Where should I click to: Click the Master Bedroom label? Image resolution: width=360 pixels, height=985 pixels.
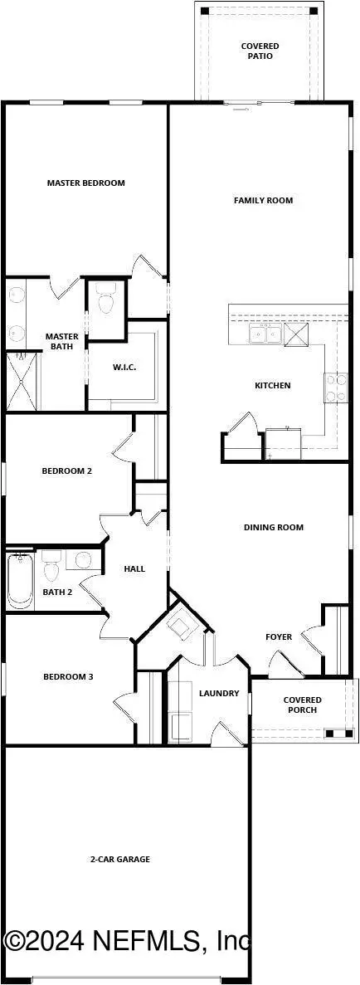(x=85, y=183)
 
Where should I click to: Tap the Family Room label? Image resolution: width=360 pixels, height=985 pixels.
(x=263, y=200)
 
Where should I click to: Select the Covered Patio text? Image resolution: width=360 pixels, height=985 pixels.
(x=260, y=51)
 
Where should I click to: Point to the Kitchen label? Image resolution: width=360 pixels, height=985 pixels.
(x=272, y=385)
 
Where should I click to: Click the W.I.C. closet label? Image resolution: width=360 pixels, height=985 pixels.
(x=124, y=367)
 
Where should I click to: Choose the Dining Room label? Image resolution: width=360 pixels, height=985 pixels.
(x=274, y=527)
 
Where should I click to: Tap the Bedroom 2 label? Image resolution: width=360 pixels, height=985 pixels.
(x=66, y=471)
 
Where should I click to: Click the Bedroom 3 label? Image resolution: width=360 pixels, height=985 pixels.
(x=68, y=676)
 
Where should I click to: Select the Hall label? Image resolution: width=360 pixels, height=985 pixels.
(x=134, y=568)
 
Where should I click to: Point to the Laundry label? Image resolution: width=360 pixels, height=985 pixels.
(x=219, y=693)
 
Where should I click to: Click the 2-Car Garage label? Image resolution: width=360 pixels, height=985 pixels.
(x=121, y=859)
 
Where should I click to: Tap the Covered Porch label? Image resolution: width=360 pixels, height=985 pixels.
(x=302, y=705)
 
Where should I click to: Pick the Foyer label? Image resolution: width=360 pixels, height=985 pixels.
(x=279, y=636)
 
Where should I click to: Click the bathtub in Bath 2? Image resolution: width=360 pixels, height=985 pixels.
(x=19, y=579)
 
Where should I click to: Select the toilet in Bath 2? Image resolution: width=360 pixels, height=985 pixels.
(x=51, y=568)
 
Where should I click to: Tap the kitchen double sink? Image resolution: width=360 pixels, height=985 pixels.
(x=265, y=334)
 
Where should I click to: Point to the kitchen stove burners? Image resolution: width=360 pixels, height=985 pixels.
(x=336, y=387)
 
